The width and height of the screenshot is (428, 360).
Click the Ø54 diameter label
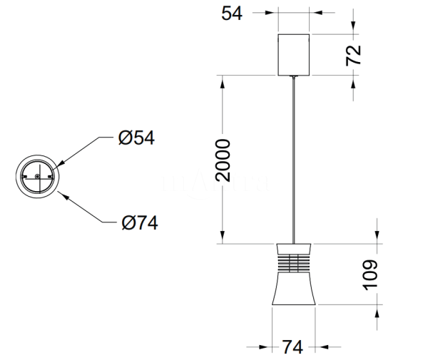point(137,138)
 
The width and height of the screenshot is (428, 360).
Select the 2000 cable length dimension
point(222,161)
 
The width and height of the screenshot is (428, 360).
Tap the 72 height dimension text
point(354,54)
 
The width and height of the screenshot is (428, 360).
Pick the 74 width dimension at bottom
point(292,347)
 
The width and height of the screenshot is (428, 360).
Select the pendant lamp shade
point(293,289)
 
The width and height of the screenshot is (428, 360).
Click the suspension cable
point(294,157)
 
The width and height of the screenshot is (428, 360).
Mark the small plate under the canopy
point(294,76)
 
